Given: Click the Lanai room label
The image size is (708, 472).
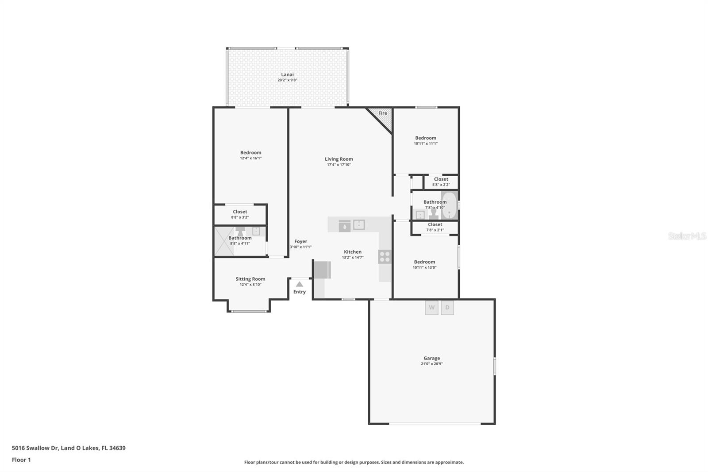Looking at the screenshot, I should [287, 75].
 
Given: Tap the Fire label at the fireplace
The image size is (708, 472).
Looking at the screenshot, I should [383, 113].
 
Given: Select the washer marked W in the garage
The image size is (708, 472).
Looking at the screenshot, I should [431, 308].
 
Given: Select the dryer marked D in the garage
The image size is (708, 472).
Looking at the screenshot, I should [447, 308].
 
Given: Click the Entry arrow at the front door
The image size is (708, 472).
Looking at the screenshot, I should [300, 284].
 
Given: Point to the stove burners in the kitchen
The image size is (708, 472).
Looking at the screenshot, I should [385, 256].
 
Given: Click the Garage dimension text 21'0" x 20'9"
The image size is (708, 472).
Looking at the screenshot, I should [431, 364].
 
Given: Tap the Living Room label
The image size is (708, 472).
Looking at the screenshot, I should [339, 159].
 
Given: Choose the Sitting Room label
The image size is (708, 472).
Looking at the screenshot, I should [250, 279].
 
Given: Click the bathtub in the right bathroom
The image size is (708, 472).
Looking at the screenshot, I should [449, 205].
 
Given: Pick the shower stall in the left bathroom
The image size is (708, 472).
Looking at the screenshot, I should [224, 241].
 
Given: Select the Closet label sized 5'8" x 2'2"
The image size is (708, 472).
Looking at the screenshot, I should [441, 179].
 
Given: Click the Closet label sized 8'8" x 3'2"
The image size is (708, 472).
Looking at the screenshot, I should [240, 212].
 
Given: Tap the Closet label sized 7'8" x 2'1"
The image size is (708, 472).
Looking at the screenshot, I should [435, 224].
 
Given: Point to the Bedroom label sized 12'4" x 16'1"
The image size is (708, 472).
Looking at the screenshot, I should [250, 152].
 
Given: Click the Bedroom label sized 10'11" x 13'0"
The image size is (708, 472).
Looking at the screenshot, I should [424, 262].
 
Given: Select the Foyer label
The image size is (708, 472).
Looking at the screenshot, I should [300, 241].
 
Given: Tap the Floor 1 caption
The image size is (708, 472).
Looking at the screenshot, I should [21, 460].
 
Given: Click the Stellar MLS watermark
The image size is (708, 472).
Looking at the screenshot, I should [687, 236].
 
